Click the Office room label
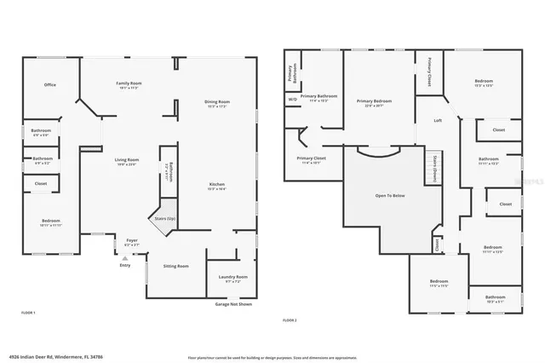click(x=50, y=84)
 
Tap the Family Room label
click(x=129, y=84)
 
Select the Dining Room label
click(x=217, y=104)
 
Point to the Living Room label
click(x=127, y=162)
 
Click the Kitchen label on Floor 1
click(x=218, y=187)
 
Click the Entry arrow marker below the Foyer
click(x=125, y=258)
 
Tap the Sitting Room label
click(x=176, y=266)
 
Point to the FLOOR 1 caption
click(x=28, y=314)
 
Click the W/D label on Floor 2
click(x=292, y=99)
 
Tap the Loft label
click(x=438, y=120)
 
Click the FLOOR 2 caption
click(x=290, y=320)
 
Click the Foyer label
click(x=132, y=242)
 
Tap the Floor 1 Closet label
click(x=41, y=183)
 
